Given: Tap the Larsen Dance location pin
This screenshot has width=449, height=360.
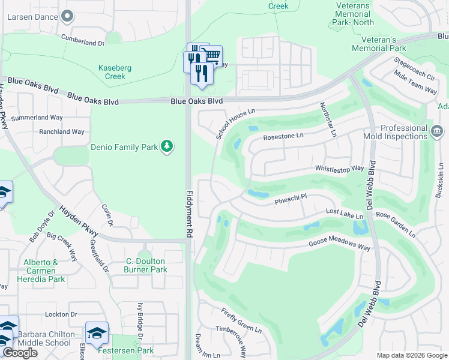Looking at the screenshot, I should [67, 16].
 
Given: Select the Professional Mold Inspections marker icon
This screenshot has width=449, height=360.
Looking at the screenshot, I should [437, 130].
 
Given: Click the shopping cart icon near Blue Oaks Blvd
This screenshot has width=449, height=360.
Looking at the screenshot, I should [212, 56].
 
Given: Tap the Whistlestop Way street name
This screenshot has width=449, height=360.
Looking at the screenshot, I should [340, 169].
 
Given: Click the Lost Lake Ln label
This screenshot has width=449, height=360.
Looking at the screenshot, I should [344, 214].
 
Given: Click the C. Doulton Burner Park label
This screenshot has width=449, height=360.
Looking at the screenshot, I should [146, 265].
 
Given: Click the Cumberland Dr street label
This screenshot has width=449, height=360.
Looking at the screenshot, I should [83, 40].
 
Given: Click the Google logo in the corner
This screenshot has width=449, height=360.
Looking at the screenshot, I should [20, 353].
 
